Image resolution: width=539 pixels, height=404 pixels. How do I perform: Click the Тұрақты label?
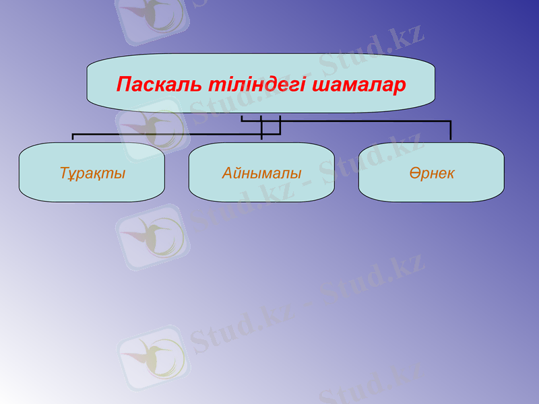tap(92, 173)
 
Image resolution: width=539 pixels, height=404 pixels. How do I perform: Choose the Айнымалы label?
tap(261, 173)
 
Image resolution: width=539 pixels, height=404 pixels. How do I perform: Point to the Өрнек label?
tap(431, 173)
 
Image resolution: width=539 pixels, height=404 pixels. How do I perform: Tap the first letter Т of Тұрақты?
tap(63, 173)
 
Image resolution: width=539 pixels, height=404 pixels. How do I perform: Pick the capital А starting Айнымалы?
tap(227, 173)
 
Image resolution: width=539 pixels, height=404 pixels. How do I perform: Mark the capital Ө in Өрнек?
tap(413, 173)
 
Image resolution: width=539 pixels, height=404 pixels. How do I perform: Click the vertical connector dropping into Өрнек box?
tap(451, 131)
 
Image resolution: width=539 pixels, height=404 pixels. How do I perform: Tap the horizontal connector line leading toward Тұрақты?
tap(168, 134)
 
